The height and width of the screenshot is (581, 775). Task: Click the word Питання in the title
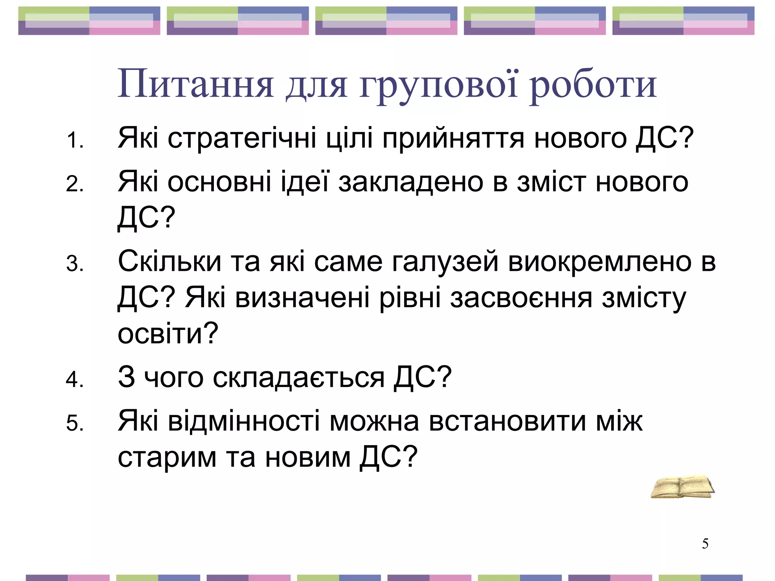point(195,84)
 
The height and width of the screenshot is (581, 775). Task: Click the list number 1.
point(75,140)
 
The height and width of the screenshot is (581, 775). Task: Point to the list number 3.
point(75,264)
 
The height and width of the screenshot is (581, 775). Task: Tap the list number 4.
point(75,379)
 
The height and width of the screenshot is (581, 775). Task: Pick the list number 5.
point(75,423)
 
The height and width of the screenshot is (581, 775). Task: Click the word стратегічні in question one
point(242,138)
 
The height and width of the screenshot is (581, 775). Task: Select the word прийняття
point(453,138)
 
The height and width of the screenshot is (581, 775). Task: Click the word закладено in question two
point(411,183)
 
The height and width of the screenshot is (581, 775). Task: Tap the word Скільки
point(170,261)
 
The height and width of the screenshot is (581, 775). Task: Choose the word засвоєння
point(521,298)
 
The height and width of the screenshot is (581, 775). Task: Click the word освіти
point(168,334)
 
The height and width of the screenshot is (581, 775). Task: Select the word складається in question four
point(299,378)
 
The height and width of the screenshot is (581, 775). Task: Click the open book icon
point(682,487)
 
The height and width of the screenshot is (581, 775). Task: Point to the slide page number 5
point(705,544)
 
